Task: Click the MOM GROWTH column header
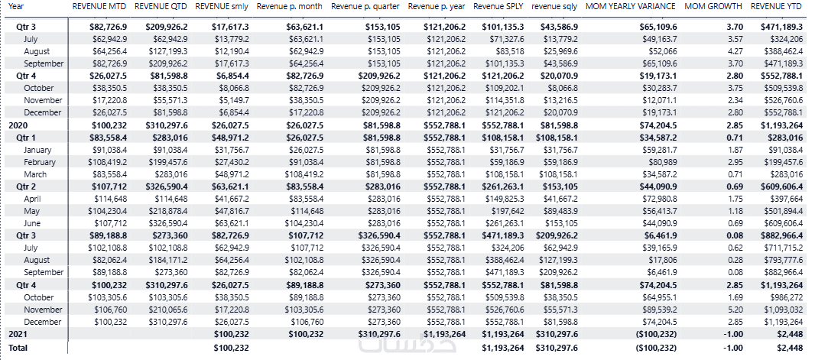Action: click(713, 6)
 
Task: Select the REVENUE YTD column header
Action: click(776, 6)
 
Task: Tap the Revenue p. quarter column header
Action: click(365, 6)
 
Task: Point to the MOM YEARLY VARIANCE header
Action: click(630, 6)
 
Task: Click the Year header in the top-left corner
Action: click(16, 6)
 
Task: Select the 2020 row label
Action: click(18, 125)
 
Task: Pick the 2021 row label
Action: click(18, 334)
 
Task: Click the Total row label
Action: click(18, 348)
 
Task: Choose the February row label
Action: click(40, 162)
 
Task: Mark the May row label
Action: click(31, 212)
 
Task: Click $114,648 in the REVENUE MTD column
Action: click(109, 199)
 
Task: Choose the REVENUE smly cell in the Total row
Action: click(232, 348)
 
